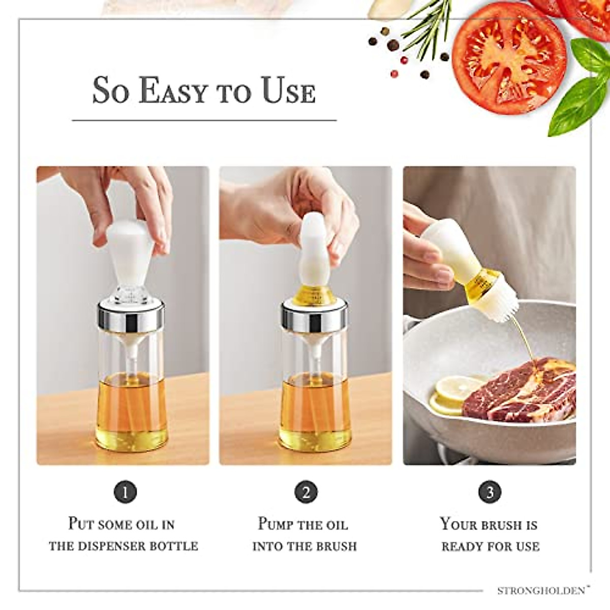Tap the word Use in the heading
(288, 91)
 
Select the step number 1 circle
(125, 492)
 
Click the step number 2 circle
(306, 492)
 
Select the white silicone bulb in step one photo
(130, 252)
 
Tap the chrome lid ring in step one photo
(131, 315)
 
